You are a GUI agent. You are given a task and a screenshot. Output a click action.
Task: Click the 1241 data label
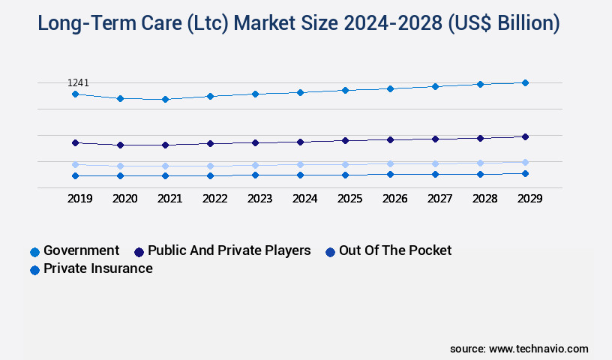click(78, 82)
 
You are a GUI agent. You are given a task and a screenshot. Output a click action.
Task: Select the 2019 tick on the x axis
click(80, 199)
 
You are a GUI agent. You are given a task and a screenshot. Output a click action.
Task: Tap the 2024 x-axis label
click(305, 199)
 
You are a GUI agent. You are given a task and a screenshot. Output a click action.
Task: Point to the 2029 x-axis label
click(529, 199)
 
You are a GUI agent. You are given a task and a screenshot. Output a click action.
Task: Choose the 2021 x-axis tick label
click(170, 199)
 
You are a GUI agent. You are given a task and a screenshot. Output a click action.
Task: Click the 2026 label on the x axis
click(395, 199)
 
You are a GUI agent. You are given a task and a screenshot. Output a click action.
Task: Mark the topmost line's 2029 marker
click(525, 82)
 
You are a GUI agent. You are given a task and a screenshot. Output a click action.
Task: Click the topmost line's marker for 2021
click(165, 99)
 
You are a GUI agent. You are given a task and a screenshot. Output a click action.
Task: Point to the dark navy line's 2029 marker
click(525, 136)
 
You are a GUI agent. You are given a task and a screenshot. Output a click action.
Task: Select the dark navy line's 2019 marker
click(75, 142)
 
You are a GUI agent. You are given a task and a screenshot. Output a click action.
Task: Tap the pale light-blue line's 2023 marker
click(255, 165)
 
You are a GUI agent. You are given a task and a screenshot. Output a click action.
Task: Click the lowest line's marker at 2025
click(345, 175)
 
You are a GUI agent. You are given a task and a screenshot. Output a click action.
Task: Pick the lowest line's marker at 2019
click(75, 175)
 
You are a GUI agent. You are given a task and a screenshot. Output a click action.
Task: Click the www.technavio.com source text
click(538, 349)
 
